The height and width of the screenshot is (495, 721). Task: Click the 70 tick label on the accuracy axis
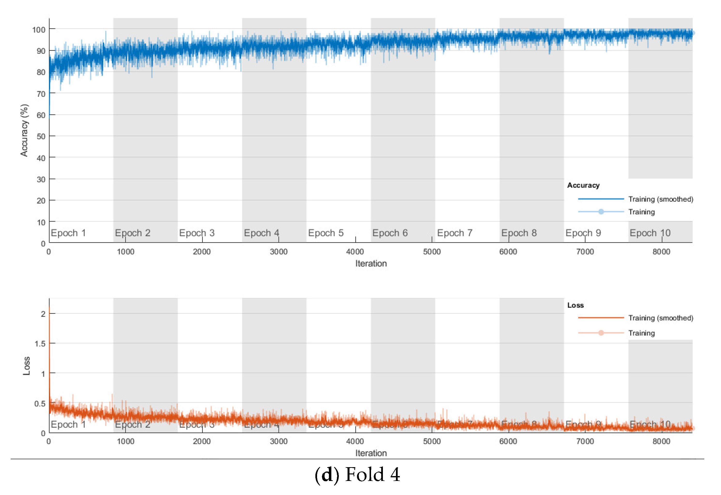coord(41,94)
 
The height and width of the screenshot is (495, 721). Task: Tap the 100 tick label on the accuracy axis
coord(39,30)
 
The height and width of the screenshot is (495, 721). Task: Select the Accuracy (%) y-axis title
coord(24,130)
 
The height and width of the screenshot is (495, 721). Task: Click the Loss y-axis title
coord(27,366)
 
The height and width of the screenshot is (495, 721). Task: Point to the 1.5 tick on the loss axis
coord(40,344)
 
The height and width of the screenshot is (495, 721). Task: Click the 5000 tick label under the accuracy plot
coord(432,252)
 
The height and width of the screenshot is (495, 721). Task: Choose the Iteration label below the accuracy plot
coord(371,263)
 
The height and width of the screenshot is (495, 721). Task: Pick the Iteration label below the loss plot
coord(371,453)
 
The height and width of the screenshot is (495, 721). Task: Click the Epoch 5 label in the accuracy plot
coord(326,233)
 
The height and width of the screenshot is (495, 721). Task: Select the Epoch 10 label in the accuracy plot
coord(650,233)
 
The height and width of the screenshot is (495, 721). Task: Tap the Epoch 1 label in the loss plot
coord(68,425)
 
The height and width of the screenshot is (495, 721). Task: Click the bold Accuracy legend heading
coord(583,185)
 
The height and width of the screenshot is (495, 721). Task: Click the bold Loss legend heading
coord(576,305)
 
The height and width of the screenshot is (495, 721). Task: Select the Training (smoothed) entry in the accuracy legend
coord(660,199)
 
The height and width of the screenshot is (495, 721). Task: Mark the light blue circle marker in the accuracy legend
coord(601,212)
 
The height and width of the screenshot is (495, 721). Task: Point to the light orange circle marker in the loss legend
coord(601,333)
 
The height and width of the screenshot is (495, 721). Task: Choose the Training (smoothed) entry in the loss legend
coord(660,318)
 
